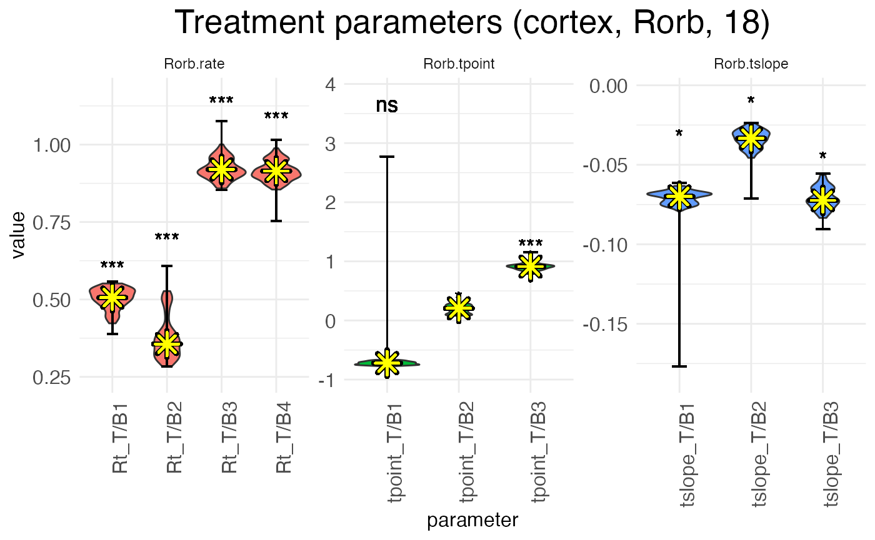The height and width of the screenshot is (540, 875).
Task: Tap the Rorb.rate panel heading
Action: (194, 64)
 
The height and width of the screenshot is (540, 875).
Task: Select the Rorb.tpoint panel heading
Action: (459, 64)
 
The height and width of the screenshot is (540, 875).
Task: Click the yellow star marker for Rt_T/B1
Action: (112, 298)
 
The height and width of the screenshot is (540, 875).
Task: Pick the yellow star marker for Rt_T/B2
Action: (167, 343)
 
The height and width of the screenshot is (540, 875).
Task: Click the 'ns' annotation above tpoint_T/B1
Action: (387, 106)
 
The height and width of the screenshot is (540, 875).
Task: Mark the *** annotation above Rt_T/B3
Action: (221, 101)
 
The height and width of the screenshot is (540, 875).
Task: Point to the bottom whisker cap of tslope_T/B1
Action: (679, 366)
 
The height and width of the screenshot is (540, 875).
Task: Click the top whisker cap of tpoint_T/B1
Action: (387, 157)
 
